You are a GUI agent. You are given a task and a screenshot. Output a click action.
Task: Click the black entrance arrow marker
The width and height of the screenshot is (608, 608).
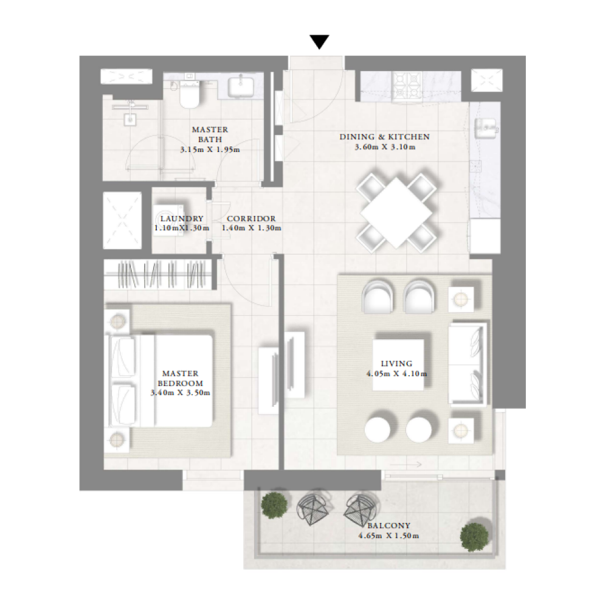coord(320,42)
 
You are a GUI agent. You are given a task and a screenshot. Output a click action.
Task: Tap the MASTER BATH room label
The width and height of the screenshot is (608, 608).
coord(210,134)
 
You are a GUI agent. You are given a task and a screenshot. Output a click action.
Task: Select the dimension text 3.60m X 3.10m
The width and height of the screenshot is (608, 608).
coord(385,147)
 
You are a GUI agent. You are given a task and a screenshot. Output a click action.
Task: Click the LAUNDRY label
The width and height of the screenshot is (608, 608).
coord(182,219)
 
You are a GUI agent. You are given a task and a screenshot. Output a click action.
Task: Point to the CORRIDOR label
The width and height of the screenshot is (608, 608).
coord(251,219)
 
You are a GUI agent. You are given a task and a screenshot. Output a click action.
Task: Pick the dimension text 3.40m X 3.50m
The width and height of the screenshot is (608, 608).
coord(181,393)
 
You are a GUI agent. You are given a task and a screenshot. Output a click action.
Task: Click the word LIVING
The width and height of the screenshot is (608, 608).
coord(396,364)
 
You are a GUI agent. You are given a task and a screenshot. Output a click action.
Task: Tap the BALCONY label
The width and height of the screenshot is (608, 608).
coord(389,526)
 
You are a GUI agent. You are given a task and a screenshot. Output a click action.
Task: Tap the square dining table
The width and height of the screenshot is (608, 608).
coord(396,213)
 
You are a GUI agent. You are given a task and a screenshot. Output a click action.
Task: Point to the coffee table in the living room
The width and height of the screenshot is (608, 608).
coord(398,365)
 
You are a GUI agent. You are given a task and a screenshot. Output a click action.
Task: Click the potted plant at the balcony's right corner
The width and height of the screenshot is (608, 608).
coord(474,537)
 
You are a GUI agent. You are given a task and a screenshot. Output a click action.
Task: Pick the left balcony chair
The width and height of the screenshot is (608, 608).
coord(313,508)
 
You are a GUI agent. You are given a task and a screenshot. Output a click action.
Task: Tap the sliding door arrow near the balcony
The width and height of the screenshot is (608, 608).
coord(411,464)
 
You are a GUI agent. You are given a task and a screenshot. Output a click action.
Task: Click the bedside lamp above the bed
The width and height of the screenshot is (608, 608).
coord(117,321)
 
